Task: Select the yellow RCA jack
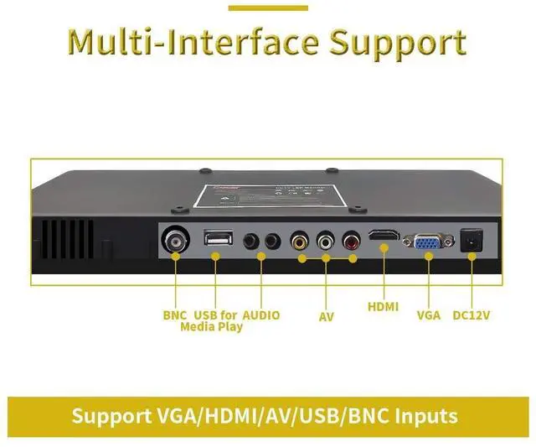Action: click(x=300, y=242)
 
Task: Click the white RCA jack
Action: click(x=325, y=242)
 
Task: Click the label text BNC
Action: click(x=176, y=315)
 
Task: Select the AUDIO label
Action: click(x=260, y=315)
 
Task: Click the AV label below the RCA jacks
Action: click(x=326, y=317)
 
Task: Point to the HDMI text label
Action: click(x=384, y=306)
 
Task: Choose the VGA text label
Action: click(x=428, y=316)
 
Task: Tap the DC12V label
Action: click(x=471, y=315)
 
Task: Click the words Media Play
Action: click(x=211, y=326)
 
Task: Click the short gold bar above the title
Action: click(x=268, y=8)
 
